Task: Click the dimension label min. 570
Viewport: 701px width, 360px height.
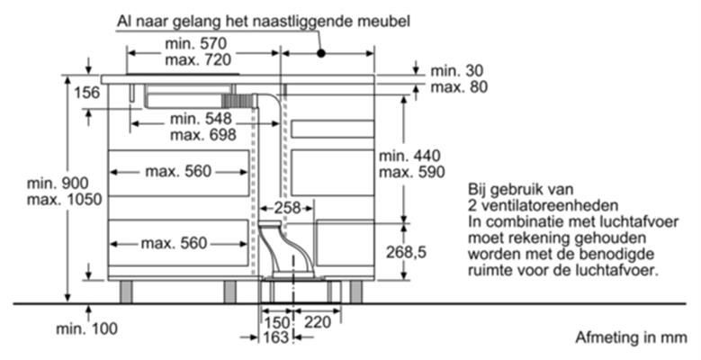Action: (196, 44)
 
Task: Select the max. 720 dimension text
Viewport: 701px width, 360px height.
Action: (198, 60)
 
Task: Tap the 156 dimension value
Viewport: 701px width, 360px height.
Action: (86, 93)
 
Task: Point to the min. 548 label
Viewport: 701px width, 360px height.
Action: (201, 119)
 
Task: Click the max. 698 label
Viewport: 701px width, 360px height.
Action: (203, 134)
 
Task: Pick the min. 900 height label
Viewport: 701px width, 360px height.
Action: (58, 184)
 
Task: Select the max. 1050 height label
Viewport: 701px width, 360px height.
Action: (65, 200)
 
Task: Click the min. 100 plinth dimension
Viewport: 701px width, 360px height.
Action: (86, 329)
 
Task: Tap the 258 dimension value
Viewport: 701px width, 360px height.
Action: (287, 208)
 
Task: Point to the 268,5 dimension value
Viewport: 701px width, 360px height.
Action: (406, 253)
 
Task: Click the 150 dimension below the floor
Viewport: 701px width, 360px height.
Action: (276, 322)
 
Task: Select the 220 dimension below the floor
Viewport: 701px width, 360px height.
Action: (318, 322)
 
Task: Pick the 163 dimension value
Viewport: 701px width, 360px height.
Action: (276, 337)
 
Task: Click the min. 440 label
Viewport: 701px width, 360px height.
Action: (409, 156)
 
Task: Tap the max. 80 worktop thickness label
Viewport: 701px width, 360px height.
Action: (459, 87)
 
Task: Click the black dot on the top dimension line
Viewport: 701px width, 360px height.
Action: (321, 53)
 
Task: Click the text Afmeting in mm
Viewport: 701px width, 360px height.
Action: (631, 337)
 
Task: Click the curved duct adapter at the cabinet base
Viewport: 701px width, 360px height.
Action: (286, 248)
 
